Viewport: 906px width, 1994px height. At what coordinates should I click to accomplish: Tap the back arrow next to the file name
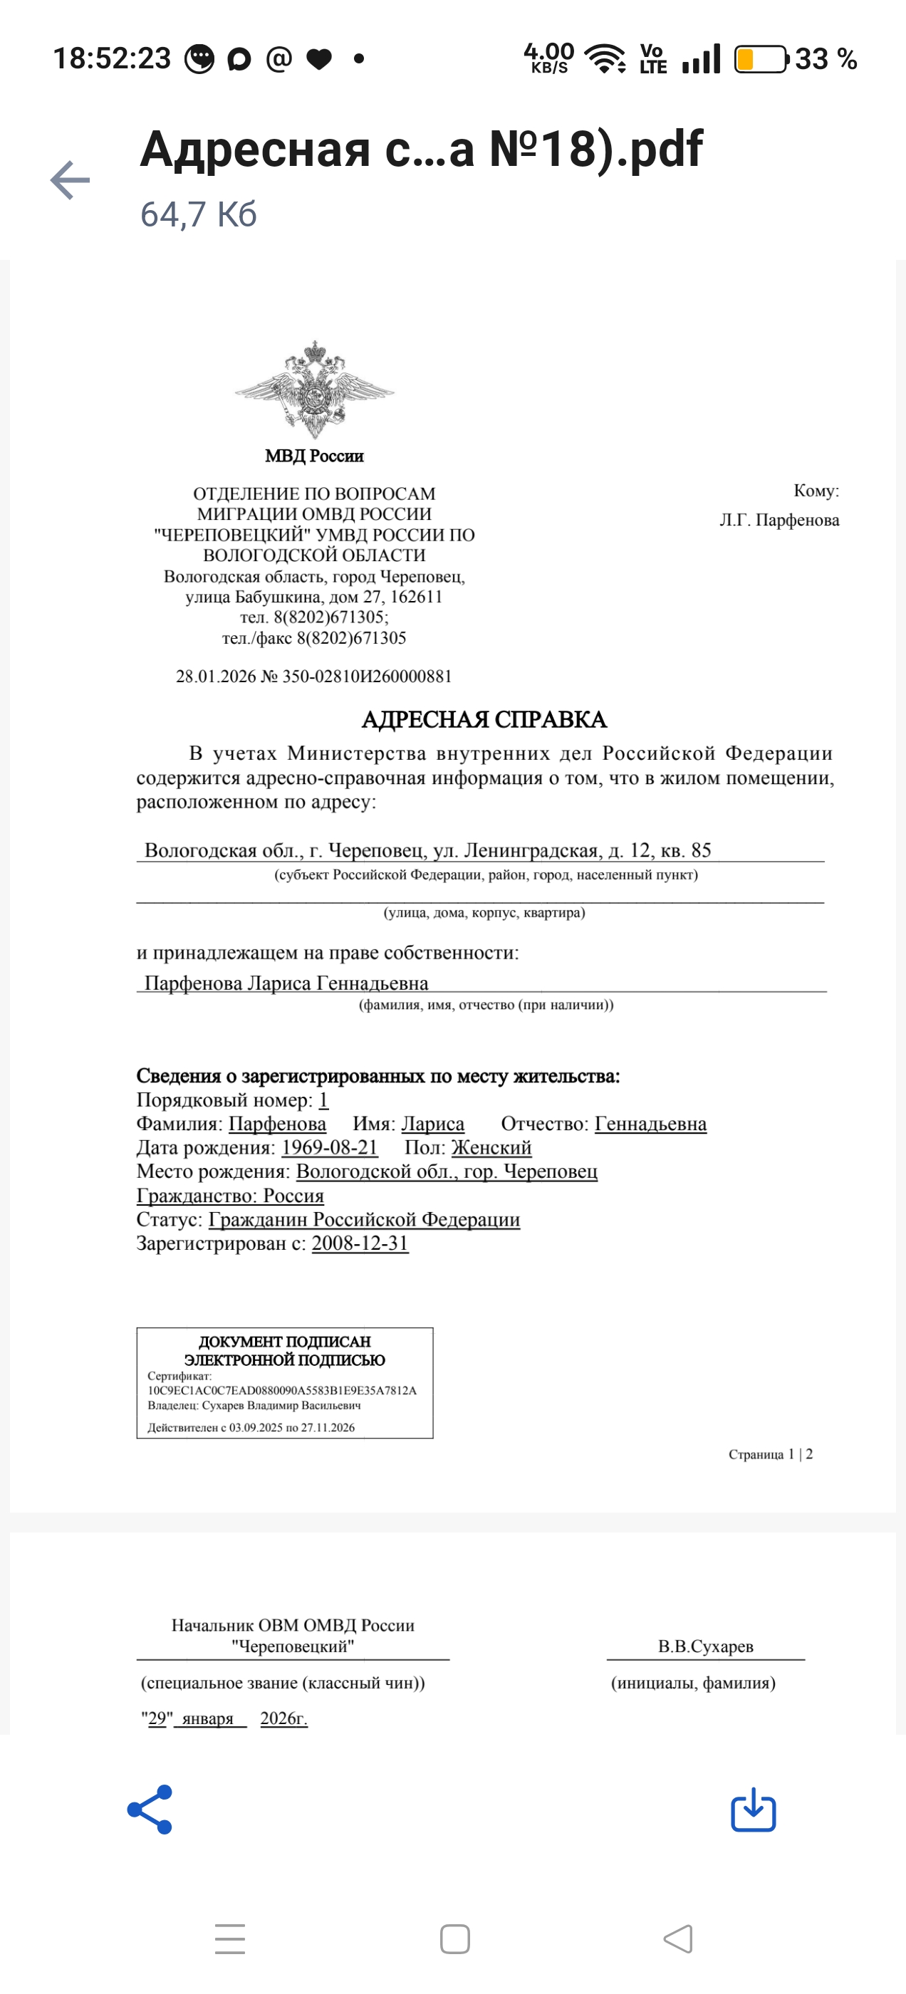71,180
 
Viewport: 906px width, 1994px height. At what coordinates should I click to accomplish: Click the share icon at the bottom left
150,1810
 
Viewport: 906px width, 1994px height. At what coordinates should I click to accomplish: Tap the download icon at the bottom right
754,1810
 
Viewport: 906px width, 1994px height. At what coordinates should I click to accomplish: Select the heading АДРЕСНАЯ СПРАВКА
484,720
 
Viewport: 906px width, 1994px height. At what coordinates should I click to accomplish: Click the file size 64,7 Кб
198,214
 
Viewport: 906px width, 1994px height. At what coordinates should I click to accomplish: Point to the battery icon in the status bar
761,60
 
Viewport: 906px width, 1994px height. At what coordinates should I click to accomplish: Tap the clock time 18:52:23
113,59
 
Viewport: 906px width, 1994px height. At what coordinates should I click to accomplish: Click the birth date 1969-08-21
329,1147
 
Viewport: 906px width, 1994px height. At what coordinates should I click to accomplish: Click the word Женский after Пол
491,1147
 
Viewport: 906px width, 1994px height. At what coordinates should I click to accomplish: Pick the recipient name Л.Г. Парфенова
779,520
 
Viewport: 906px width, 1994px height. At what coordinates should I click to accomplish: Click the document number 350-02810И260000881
367,677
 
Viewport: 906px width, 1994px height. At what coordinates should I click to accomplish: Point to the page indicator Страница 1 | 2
771,1454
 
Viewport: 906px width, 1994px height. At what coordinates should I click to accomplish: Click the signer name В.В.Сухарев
705,1646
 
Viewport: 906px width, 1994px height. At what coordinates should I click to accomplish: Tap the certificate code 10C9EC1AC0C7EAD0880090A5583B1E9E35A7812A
283,1390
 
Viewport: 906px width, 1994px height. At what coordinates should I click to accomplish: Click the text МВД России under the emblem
314,456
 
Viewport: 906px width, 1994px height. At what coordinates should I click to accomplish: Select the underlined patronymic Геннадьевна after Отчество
650,1124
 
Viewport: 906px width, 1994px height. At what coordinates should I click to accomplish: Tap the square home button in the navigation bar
454,1939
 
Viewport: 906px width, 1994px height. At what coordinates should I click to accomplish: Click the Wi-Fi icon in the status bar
605,59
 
